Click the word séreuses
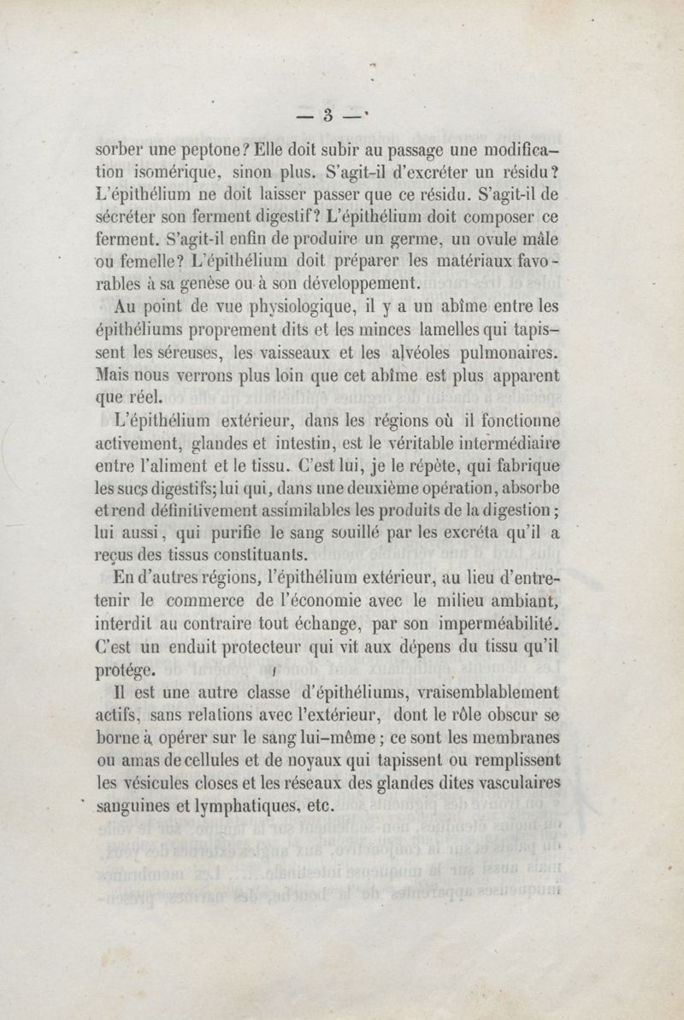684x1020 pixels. (x=183, y=351)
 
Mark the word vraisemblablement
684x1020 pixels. (x=478, y=693)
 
